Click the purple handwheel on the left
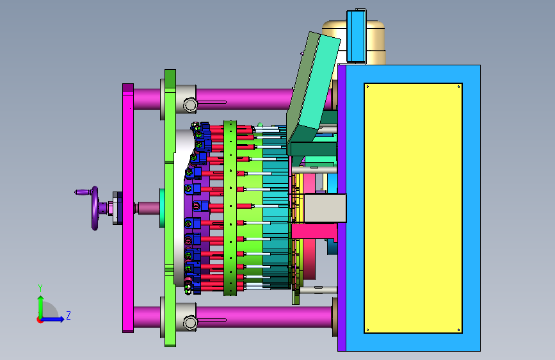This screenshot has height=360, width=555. (x=95, y=208)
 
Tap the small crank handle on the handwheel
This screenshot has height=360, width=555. (x=83, y=192)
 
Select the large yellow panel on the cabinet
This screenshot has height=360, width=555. (x=413, y=208)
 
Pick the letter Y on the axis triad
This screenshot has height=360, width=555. (x=40, y=288)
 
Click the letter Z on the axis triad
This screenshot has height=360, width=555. (x=68, y=315)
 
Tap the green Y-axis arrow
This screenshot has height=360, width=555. (x=41, y=307)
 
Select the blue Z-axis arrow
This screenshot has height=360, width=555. (x=52, y=319)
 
